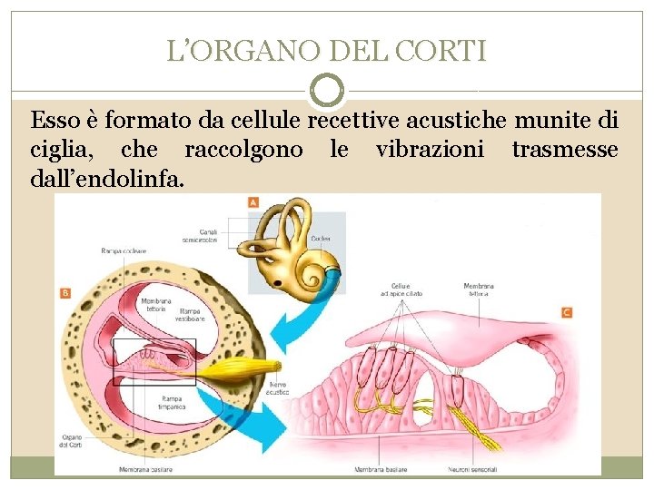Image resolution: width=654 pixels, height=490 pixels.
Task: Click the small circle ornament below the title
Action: [327, 90]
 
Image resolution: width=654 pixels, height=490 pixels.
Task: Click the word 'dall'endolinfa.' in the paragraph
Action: [107, 178]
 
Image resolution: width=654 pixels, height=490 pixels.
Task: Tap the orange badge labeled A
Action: [253, 201]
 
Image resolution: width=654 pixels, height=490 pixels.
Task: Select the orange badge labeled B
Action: [65, 292]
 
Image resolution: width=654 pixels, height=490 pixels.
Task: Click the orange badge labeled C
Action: [567, 313]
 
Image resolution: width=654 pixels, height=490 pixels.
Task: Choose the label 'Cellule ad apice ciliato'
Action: [401, 289]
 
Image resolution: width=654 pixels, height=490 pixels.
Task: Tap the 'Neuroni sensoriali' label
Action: [471, 469]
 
